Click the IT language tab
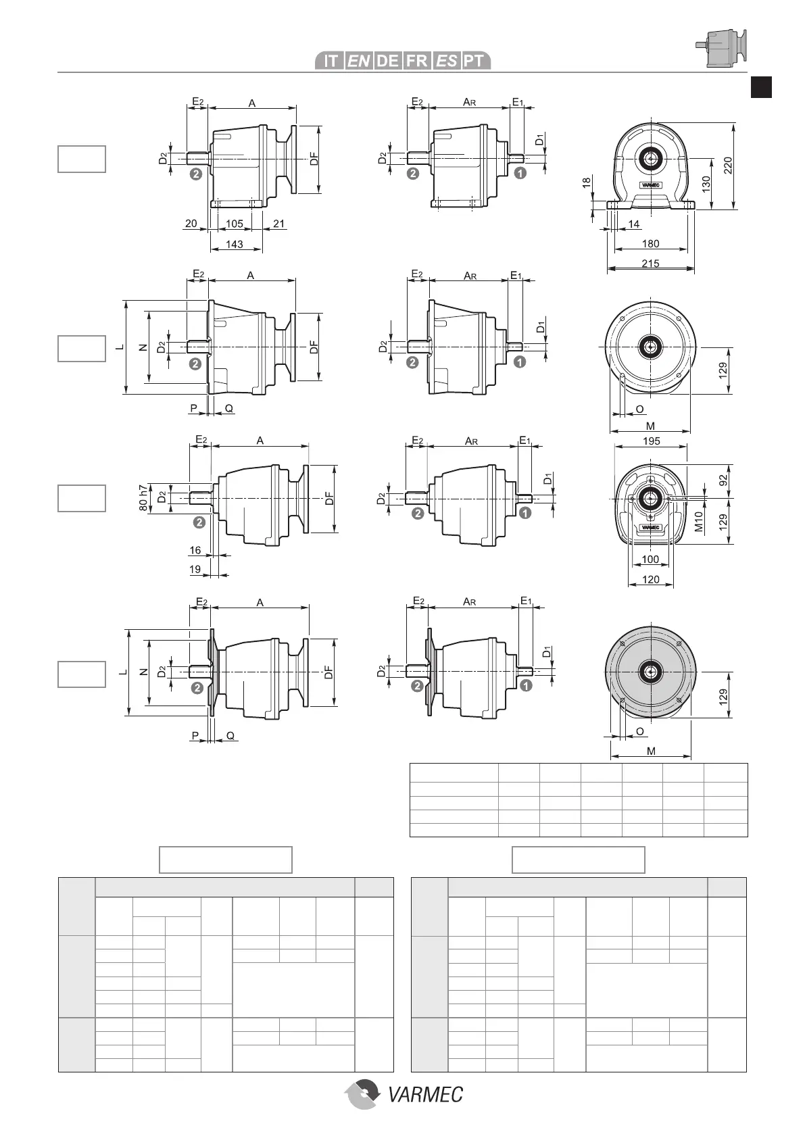point(331,61)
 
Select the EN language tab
point(359,61)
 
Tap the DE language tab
point(387,61)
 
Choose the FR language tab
point(416,61)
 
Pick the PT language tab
point(474,61)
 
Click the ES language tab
point(445,61)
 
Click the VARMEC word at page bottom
point(426,1094)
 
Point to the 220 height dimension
point(728,166)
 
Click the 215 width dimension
point(650,264)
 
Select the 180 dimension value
point(650,244)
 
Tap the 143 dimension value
point(235,244)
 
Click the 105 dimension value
point(235,224)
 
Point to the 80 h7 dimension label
point(143,498)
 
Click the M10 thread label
point(700,521)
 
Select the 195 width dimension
point(650,441)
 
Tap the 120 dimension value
point(650,579)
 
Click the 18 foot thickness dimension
point(587,182)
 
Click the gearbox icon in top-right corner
point(721,48)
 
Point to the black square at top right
point(762,88)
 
